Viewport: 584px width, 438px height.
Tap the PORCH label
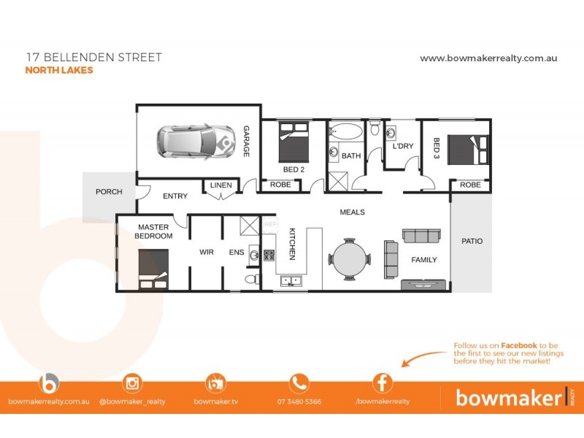pyautogui.click(x=109, y=192)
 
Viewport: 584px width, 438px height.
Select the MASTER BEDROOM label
pyautogui.click(x=153, y=231)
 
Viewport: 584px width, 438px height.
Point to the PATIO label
pyautogui.click(x=472, y=241)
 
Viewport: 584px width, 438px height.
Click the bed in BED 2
pyautogui.click(x=294, y=142)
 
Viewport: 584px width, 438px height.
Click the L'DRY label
pyautogui.click(x=403, y=146)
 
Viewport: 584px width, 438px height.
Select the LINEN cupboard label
pyautogui.click(x=220, y=185)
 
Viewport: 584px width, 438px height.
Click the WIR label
pyautogui.click(x=207, y=253)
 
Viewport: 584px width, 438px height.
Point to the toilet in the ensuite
pyautogui.click(x=250, y=280)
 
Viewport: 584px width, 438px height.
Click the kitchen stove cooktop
pyautogui.click(x=269, y=255)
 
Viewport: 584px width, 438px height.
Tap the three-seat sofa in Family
pyautogui.click(x=421, y=236)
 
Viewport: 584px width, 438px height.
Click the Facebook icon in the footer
pyautogui.click(x=383, y=383)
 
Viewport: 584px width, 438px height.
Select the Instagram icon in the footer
pyautogui.click(x=132, y=383)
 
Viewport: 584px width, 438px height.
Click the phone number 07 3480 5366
pyautogui.click(x=299, y=401)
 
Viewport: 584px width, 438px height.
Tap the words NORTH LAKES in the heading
pyautogui.click(x=59, y=71)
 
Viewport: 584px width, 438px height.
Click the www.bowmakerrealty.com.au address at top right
pyautogui.click(x=488, y=58)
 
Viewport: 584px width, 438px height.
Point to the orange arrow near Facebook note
pyautogui.click(x=423, y=357)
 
